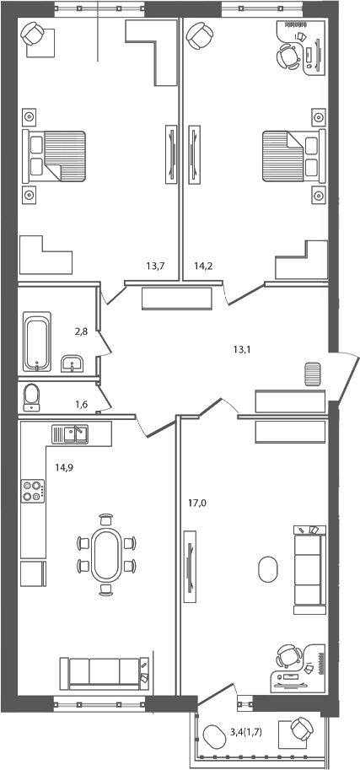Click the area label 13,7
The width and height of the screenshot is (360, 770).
click(x=154, y=267)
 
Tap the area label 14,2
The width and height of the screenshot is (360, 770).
click(x=203, y=267)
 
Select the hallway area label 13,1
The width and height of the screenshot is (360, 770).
click(x=244, y=347)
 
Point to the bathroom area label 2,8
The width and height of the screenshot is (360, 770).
click(x=82, y=334)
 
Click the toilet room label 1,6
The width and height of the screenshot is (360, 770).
click(x=82, y=404)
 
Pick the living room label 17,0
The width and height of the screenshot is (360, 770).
click(x=196, y=503)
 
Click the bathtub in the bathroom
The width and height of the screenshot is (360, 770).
click(x=38, y=342)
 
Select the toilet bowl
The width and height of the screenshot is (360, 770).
click(x=32, y=396)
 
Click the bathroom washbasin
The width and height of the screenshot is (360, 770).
click(x=73, y=363)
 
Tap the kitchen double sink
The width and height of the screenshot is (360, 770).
click(x=71, y=434)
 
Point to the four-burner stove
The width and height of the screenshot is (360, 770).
click(x=32, y=491)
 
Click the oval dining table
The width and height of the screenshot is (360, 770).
click(x=106, y=554)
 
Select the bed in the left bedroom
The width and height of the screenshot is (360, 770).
click(x=56, y=156)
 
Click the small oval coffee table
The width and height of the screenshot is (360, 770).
click(x=267, y=568)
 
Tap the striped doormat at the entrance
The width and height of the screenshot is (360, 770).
click(x=312, y=374)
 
